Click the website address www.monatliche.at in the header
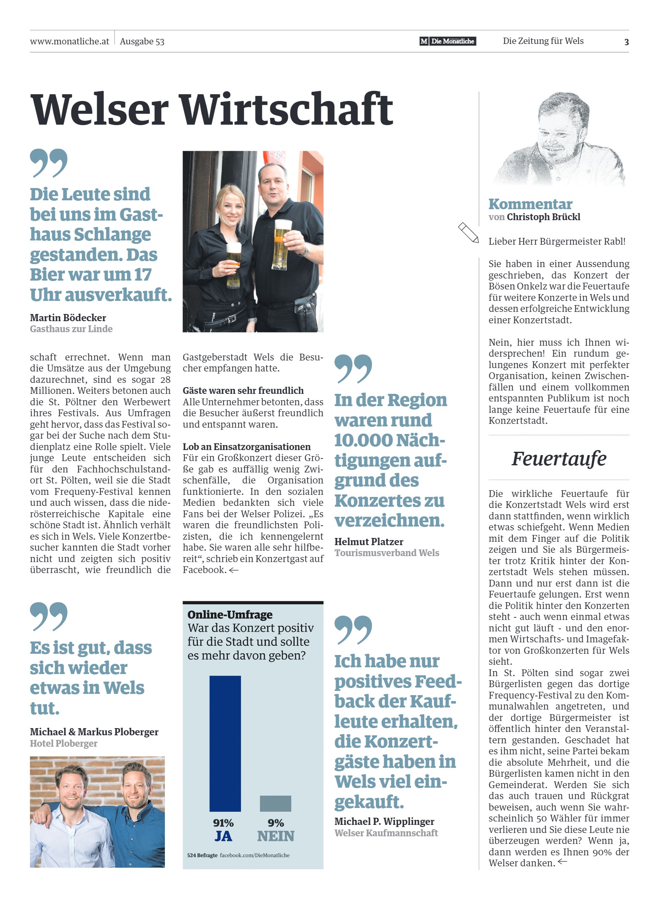coord(69,41)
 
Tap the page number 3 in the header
coord(626,42)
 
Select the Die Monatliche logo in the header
coord(447,41)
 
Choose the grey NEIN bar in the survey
coord(275,803)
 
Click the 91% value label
coord(223,823)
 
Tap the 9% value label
coord(276,823)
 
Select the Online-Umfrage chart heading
coord(230,614)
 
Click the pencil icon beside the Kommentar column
coord(468,232)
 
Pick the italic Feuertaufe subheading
coord(558,459)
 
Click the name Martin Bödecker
coord(68,318)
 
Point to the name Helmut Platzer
coord(369,542)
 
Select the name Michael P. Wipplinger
coord(384,822)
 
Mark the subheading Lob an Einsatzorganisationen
coord(246,447)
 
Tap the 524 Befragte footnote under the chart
coord(202,855)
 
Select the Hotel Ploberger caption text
coord(63,743)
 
